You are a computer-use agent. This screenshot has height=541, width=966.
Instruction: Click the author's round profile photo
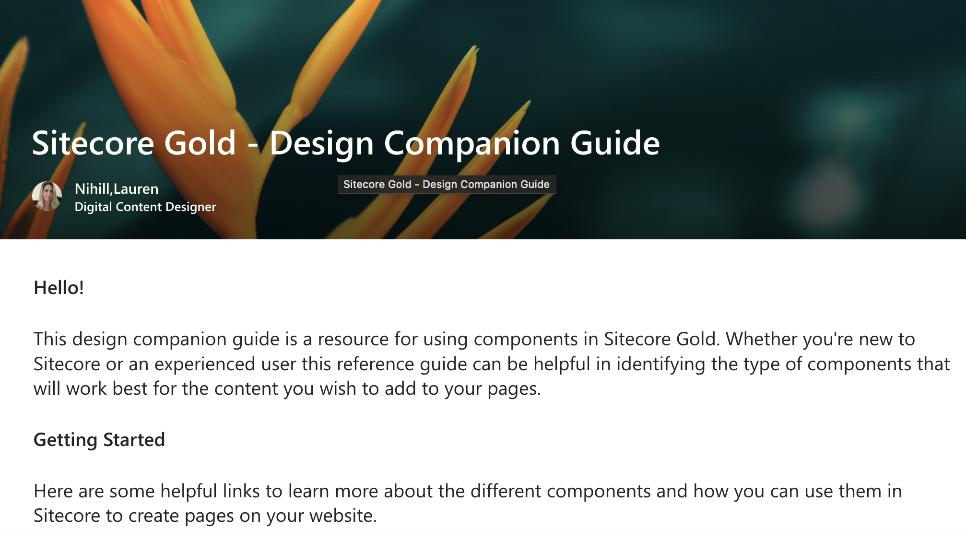(x=47, y=196)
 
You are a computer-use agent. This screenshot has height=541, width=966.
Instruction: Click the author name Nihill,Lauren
(x=117, y=189)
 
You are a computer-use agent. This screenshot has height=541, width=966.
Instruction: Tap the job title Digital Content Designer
(x=145, y=207)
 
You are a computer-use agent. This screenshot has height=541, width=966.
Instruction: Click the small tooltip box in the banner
(x=447, y=185)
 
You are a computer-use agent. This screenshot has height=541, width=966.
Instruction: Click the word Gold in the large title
(x=200, y=143)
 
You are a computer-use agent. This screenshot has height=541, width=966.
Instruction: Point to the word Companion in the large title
(x=471, y=143)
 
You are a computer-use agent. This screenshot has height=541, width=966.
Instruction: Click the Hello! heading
(x=59, y=288)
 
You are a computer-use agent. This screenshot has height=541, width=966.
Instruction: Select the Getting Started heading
(x=99, y=440)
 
